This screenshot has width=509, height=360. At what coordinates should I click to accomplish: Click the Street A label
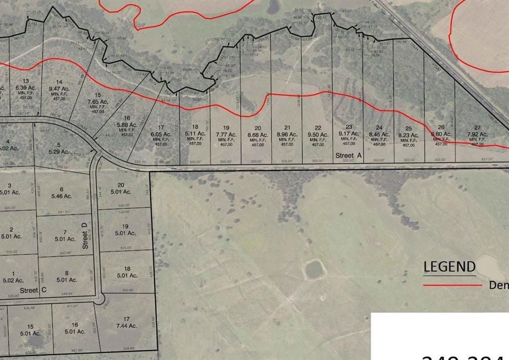click(x=345, y=156)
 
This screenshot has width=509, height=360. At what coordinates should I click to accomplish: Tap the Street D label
click(x=85, y=236)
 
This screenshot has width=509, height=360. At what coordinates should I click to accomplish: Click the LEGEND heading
click(x=449, y=267)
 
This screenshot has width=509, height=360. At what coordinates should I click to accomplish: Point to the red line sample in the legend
click(x=452, y=285)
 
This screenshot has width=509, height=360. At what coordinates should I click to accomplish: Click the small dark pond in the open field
click(x=315, y=270)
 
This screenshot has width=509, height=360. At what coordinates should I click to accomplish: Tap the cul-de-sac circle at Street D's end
click(x=99, y=299)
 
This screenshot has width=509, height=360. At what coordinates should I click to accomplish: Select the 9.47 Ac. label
click(x=59, y=89)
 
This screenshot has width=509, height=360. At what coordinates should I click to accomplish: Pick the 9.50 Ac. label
click(x=318, y=134)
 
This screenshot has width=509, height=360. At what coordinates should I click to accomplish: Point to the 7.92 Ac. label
click(x=477, y=134)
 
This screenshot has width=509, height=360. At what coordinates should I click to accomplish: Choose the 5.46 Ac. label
click(x=62, y=196)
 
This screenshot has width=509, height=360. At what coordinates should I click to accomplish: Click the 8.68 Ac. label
click(x=257, y=134)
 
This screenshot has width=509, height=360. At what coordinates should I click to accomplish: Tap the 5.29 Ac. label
click(x=59, y=151)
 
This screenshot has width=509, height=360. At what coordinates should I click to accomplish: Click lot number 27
click(x=477, y=128)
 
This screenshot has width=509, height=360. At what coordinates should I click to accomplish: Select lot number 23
click(x=349, y=127)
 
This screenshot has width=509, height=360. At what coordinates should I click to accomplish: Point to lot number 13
click(x=26, y=81)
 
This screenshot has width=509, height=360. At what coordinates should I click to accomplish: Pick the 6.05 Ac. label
click(x=161, y=134)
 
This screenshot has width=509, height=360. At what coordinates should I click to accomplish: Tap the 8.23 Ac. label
click(x=409, y=135)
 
